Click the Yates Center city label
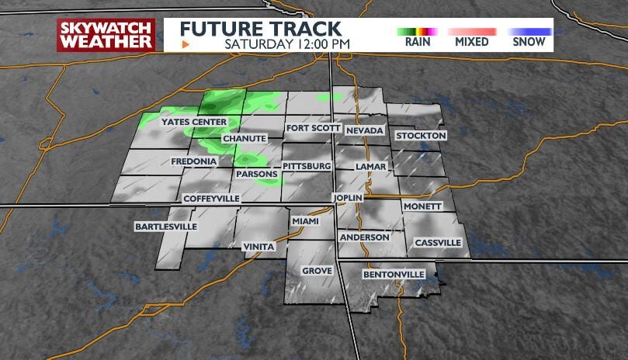point(193,123)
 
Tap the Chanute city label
point(244,138)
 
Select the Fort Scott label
point(313,128)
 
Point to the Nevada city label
point(365,130)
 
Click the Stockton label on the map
point(421,136)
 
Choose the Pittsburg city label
point(307,166)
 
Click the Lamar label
point(365,167)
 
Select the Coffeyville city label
point(211,199)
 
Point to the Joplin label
point(348,198)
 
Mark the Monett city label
point(422,206)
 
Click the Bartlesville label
point(165,227)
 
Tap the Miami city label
point(305,221)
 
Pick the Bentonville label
point(394,275)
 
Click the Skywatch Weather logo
point(106,35)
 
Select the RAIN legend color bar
point(418,31)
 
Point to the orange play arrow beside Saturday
point(185,44)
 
